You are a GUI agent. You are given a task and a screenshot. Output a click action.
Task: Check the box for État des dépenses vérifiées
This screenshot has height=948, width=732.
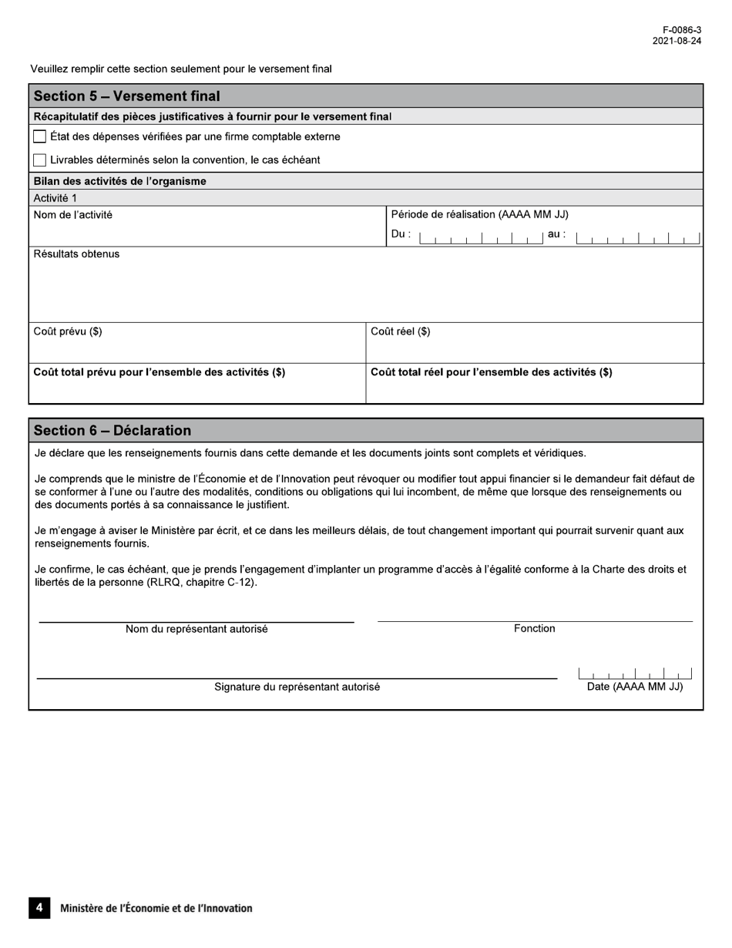tap(40, 137)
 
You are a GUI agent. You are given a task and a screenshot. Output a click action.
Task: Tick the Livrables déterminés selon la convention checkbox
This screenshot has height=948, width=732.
tap(40, 160)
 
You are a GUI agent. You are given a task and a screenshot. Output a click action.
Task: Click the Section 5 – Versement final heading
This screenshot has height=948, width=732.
tap(127, 96)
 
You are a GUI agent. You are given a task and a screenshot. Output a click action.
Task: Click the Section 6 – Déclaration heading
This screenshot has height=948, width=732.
tap(112, 431)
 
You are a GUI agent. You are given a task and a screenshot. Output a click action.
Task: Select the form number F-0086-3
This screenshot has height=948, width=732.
tap(682, 30)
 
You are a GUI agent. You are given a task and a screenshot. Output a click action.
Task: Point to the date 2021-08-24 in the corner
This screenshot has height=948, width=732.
tap(677, 42)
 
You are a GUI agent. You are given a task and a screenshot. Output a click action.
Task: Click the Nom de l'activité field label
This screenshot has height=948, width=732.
tap(73, 215)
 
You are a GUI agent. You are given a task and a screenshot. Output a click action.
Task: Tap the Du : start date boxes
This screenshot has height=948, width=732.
tap(482, 238)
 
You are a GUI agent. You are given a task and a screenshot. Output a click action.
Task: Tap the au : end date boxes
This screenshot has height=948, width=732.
tap(637, 238)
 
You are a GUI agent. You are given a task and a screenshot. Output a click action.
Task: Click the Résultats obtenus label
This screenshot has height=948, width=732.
tap(77, 254)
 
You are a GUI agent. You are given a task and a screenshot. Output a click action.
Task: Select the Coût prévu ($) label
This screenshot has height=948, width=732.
tap(68, 332)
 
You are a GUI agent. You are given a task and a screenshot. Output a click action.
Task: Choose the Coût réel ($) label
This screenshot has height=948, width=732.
tap(401, 332)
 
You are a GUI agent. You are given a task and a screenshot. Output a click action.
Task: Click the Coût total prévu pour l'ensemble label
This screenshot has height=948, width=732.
tap(159, 372)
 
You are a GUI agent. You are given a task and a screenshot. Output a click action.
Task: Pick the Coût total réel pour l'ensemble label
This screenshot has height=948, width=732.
tap(492, 372)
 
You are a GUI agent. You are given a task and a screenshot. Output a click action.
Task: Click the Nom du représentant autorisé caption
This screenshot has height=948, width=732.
tap(196, 630)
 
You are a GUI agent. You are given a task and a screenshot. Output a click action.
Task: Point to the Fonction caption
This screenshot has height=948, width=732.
tap(535, 629)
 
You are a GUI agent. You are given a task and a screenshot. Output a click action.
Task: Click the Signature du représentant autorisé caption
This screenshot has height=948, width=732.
tap(297, 687)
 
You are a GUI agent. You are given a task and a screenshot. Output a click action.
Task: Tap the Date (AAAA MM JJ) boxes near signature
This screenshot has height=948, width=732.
tap(635, 674)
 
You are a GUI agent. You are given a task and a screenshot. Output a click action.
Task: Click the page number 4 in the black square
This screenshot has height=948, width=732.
tap(39, 908)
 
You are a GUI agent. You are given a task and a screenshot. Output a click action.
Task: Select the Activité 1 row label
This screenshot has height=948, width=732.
tap(55, 198)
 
